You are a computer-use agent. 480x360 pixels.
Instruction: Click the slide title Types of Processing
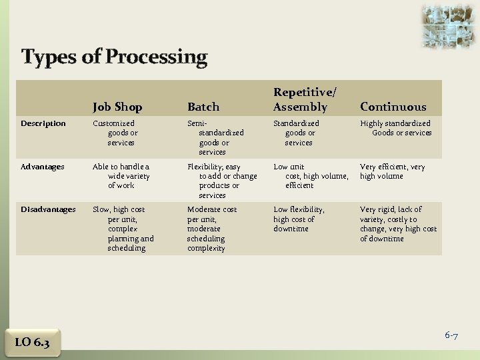114,57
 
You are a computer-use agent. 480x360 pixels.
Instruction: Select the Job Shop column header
117,107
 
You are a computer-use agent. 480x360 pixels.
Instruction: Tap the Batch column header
203,107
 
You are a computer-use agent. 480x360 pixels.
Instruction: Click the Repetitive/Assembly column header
301,100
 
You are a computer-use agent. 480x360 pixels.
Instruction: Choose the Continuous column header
393,107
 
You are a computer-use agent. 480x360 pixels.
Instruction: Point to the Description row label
43,123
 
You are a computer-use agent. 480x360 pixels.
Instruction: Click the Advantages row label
43,167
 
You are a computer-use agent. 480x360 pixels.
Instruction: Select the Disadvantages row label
48,209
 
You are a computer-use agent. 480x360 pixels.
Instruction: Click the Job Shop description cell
117,133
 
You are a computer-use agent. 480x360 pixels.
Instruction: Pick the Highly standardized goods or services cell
397,128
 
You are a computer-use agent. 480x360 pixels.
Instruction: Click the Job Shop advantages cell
121,176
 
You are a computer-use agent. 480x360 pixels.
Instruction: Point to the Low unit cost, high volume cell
311,176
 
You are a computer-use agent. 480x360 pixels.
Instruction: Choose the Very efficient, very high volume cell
392,171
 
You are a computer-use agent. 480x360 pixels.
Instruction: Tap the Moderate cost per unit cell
211,229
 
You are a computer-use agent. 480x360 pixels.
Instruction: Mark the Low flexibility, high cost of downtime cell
299,219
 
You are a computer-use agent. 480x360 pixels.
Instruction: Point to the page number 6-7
451,335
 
